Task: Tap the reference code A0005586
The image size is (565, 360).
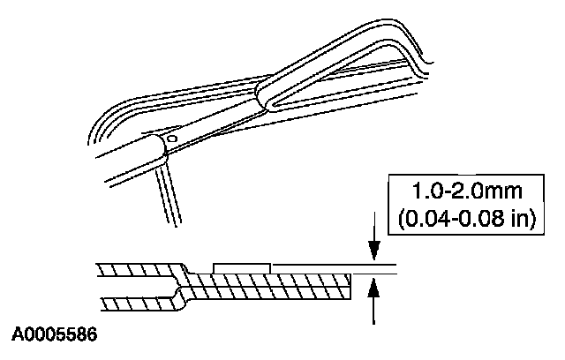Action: (54, 336)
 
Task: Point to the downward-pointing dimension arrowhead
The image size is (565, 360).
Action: (375, 254)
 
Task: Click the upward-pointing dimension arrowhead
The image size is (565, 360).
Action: (375, 284)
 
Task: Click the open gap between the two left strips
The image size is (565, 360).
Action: (132, 287)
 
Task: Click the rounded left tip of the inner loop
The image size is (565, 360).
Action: (261, 92)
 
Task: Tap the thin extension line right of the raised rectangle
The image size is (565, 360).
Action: (327, 263)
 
